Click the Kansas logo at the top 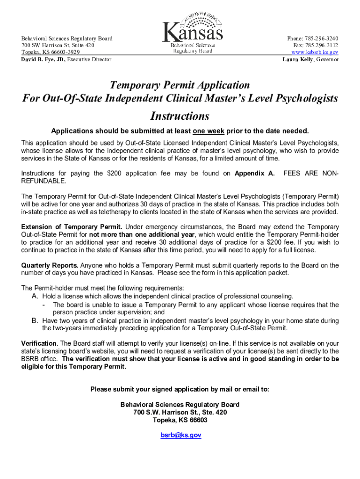(192, 33)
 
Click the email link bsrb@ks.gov (180, 435)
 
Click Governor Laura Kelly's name (297, 59)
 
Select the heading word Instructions (180, 116)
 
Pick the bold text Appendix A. (254, 174)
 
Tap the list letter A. (35, 297)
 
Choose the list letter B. (35, 321)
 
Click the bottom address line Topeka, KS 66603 (180, 420)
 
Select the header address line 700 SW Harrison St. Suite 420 (58, 45)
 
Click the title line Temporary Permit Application (180, 85)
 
